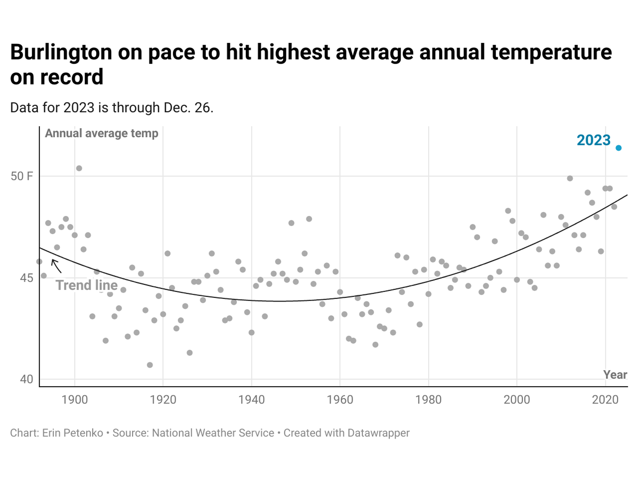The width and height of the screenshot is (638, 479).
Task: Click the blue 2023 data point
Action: pyautogui.click(x=618, y=148)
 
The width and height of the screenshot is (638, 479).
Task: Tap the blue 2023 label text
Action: pyautogui.click(x=593, y=140)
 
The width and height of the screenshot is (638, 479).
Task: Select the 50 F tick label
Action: pyautogui.click(x=22, y=176)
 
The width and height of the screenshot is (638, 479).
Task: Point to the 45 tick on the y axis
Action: pyautogui.click(x=26, y=278)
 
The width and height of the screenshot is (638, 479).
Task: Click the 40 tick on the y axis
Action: pyautogui.click(x=26, y=379)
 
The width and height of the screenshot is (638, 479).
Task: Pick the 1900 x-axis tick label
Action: pyautogui.click(x=75, y=399)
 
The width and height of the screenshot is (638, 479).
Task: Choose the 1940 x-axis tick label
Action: pyautogui.click(x=251, y=399)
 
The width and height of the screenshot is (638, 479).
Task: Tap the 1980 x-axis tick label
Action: pyautogui.click(x=428, y=399)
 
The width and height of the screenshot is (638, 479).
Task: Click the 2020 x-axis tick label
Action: pyautogui.click(x=605, y=399)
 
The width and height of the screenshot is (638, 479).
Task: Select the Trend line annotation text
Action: pyautogui.click(x=86, y=285)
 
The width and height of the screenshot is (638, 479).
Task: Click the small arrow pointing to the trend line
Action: pyautogui.click(x=56, y=266)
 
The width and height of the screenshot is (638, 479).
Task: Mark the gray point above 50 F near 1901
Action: pyautogui.click(x=79, y=168)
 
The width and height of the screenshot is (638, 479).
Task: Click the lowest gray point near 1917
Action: pyautogui.click(x=150, y=365)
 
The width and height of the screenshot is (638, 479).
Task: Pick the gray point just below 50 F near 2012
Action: pyautogui.click(x=570, y=178)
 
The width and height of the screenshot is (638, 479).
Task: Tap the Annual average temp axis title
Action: pyautogui.click(x=101, y=133)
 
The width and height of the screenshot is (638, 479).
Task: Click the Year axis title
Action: pyautogui.click(x=615, y=375)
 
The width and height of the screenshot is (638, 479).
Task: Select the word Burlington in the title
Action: pyautogui.click(x=61, y=52)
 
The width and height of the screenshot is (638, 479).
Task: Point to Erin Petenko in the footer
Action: pyautogui.click(x=72, y=433)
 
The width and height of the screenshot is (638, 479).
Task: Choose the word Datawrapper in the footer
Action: pyautogui.click(x=378, y=433)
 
